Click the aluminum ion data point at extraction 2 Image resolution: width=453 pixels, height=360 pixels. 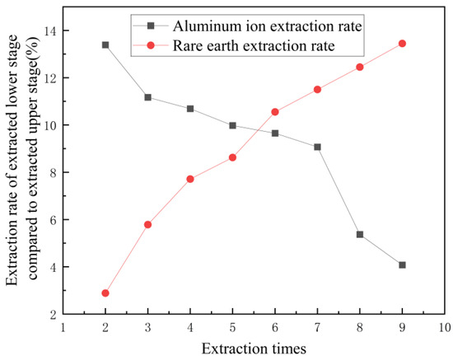point(105,44)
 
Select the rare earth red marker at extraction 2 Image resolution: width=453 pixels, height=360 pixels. point(105,293)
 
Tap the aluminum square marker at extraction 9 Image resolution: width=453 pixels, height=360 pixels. point(402,265)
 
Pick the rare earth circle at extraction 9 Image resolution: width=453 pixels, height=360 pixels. point(402,44)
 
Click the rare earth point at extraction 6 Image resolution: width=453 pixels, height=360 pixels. point(275,111)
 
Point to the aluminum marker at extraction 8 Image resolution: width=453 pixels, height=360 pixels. point(360,234)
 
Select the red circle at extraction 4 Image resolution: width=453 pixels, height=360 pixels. point(190,179)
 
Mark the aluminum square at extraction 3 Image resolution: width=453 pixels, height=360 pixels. point(147,97)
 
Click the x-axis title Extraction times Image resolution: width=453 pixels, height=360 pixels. point(255,348)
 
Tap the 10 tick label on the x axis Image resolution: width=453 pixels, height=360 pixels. point(444,328)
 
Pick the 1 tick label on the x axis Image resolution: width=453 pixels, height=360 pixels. point(63,328)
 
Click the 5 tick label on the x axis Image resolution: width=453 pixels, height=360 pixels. point(232,328)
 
